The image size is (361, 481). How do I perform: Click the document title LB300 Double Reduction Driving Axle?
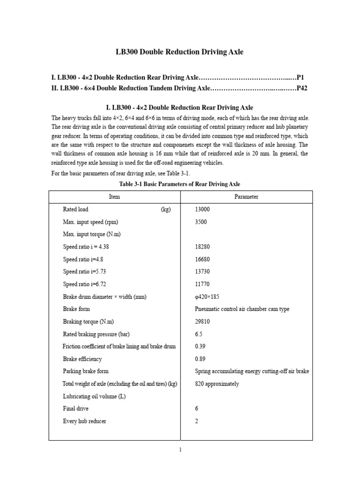(x=180, y=52)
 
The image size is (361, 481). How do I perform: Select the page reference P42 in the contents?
(x=301, y=88)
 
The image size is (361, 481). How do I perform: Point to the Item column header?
(x=114, y=197)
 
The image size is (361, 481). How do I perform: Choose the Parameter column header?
(x=246, y=197)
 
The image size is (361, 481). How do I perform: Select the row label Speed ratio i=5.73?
(x=86, y=272)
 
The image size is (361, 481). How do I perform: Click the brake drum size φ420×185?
(x=207, y=297)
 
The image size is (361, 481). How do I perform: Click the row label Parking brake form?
(x=86, y=371)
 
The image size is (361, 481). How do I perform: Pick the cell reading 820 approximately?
(x=217, y=384)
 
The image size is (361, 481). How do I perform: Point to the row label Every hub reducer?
(x=85, y=421)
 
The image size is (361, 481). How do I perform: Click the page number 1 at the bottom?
(x=180, y=450)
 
